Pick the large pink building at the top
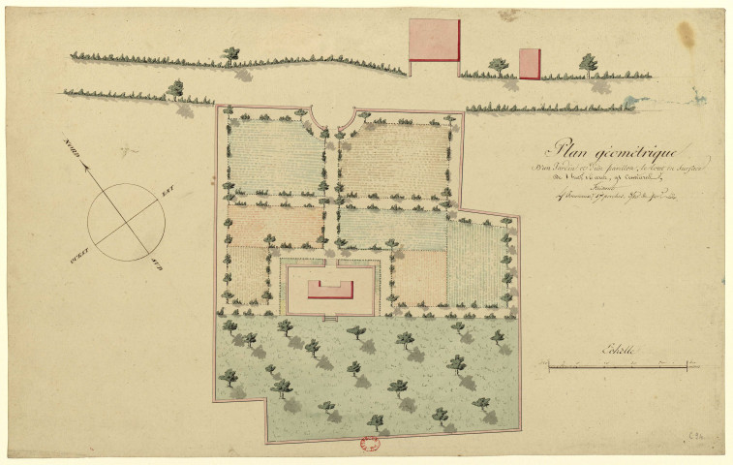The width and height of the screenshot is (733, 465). tap(433, 41)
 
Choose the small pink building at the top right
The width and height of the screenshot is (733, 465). tap(530, 64)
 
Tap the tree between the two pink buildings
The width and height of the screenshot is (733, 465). tap(498, 66)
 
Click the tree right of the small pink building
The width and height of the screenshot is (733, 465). tap(588, 64)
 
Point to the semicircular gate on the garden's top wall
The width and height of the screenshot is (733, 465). tap(331, 115)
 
